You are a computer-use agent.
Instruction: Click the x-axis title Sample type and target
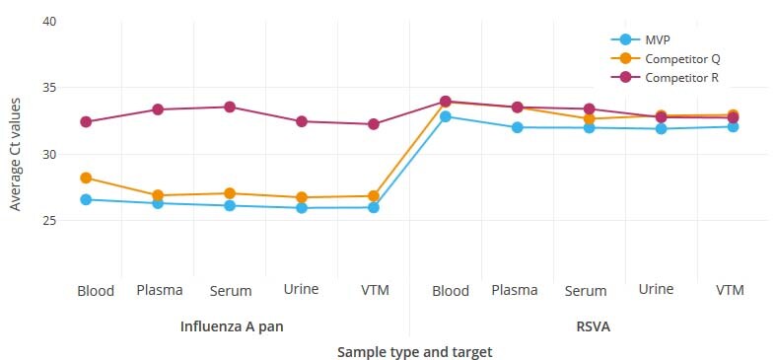[x=414, y=351]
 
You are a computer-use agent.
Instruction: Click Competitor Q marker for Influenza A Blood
[x=86, y=179]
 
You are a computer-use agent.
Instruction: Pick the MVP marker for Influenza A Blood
[x=86, y=199]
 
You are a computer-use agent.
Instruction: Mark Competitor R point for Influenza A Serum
[x=230, y=107]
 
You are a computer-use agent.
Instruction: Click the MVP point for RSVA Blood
[x=446, y=116]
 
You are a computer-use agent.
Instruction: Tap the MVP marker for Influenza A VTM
[x=374, y=207]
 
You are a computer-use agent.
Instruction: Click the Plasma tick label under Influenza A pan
[x=159, y=290]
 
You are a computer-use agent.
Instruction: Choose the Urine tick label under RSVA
[x=657, y=289]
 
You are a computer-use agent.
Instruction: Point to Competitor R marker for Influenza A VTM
[x=374, y=124]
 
